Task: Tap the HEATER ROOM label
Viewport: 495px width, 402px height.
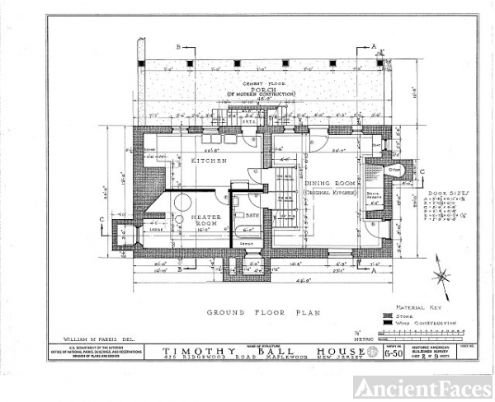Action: tap(205, 220)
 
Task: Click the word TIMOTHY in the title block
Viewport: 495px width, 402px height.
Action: tap(186, 349)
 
